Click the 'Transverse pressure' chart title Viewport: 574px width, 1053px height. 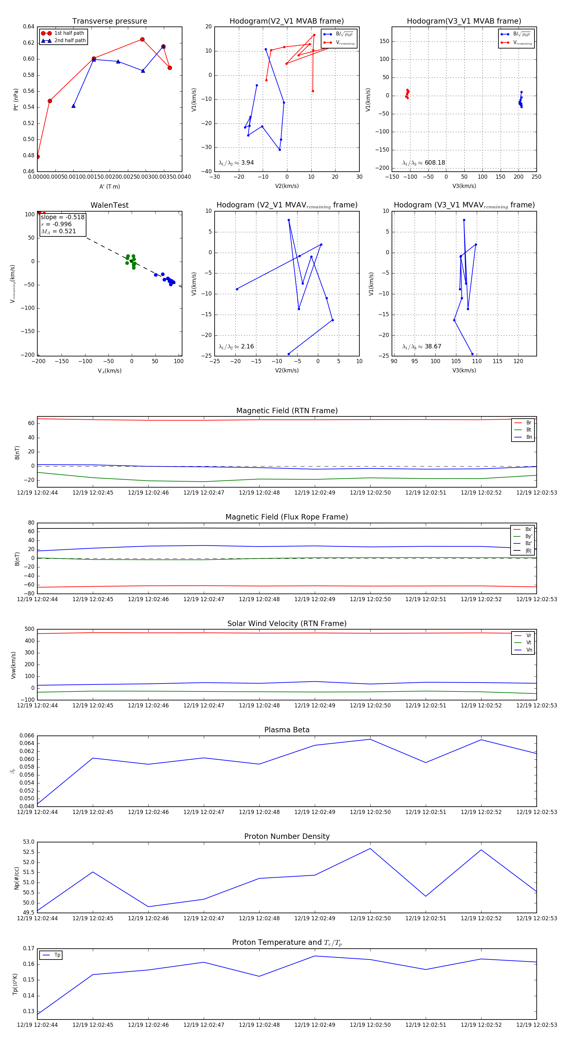[x=109, y=21]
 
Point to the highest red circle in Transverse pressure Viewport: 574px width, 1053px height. [x=142, y=40]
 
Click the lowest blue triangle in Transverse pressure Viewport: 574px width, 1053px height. [x=74, y=106]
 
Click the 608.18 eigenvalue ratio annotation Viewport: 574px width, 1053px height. [x=435, y=163]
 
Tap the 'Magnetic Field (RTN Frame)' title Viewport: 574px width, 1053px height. [x=287, y=411]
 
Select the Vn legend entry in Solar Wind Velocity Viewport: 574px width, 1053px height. [x=529, y=650]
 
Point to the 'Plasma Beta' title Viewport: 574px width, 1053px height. [x=287, y=730]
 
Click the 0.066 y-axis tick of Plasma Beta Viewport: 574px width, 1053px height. [x=26, y=736]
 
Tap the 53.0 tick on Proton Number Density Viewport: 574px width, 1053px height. [x=29, y=842]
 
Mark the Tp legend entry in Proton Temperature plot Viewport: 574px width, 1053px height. [x=57, y=955]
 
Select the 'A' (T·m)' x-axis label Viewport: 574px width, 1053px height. [x=109, y=187]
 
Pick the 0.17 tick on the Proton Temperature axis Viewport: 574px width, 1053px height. [x=29, y=948]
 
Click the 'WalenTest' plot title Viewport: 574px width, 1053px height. [x=109, y=205]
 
